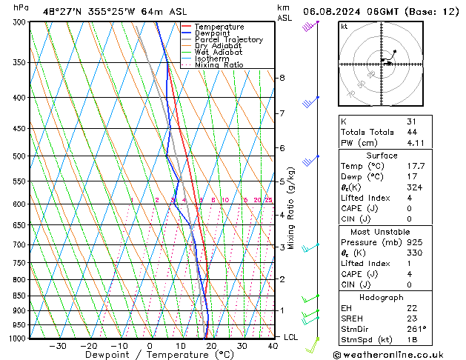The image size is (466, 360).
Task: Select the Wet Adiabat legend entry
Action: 218,53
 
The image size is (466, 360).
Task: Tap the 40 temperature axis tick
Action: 273,346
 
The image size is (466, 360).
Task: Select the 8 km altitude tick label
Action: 282,78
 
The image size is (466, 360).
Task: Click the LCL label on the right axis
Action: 292,337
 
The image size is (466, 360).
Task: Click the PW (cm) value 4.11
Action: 413,143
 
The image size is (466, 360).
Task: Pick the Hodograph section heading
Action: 381,297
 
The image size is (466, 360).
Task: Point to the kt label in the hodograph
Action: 344,27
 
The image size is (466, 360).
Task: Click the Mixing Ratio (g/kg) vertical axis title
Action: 291,208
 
